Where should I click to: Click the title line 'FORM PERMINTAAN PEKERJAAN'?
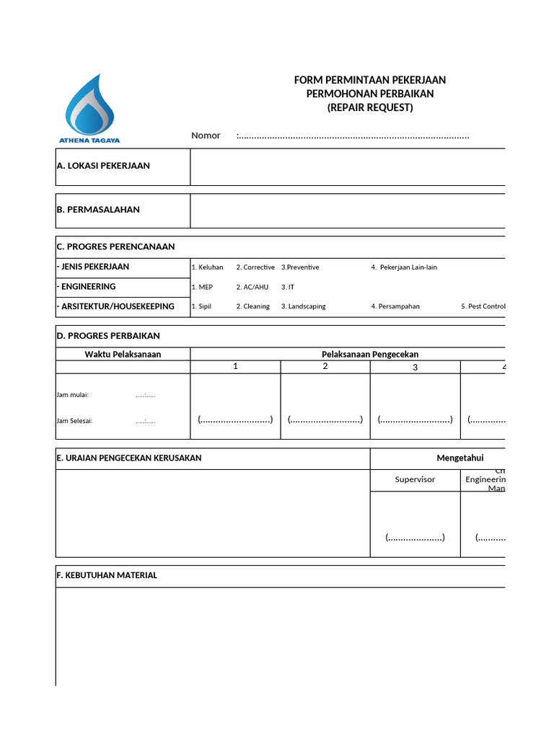[x=369, y=80]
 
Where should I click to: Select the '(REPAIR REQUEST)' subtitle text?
[x=370, y=107]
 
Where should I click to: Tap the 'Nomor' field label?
[x=206, y=135]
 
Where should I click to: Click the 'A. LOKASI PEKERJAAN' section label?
[x=103, y=166]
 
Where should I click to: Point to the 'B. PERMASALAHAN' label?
[x=98, y=210]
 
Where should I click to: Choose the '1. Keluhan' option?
[x=207, y=267]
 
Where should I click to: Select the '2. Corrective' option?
[x=255, y=267]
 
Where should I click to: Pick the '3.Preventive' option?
[x=300, y=267]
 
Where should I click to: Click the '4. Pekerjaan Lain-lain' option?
[x=404, y=267]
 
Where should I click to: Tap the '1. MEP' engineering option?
[x=202, y=287]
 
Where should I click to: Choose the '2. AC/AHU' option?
[x=252, y=287]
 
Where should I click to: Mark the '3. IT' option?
[x=288, y=287]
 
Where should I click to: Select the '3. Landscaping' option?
[x=303, y=306]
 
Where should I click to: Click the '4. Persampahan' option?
[x=395, y=306]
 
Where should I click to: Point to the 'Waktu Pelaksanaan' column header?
[x=123, y=354]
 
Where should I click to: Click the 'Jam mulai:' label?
[x=72, y=395]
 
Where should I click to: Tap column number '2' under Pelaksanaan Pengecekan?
[x=325, y=366]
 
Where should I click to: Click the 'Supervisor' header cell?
[x=415, y=479]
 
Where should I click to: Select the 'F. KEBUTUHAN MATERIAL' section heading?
[x=107, y=575]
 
